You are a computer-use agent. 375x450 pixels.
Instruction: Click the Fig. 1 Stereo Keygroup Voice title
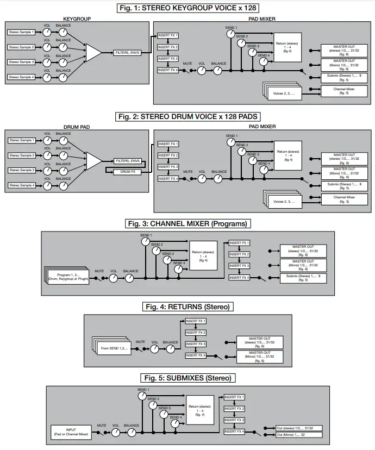188,8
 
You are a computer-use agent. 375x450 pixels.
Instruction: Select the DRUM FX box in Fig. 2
128,172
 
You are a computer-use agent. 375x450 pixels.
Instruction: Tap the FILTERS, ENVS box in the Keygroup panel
128,53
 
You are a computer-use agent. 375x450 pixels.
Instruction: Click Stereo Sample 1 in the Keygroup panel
21,32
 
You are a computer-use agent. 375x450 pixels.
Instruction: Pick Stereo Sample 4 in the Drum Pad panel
21,186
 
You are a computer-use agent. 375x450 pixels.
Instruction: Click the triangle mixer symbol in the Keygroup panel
93,53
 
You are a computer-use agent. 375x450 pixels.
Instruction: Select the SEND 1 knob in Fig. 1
231,34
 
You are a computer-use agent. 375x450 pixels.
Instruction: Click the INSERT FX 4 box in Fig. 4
196,355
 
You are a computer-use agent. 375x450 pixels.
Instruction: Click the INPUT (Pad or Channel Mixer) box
71,433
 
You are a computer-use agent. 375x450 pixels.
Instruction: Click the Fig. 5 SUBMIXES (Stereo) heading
188,378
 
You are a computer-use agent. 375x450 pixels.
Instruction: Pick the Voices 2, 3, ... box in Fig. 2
284,202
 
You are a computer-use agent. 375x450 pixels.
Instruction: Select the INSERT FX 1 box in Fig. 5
235,397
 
